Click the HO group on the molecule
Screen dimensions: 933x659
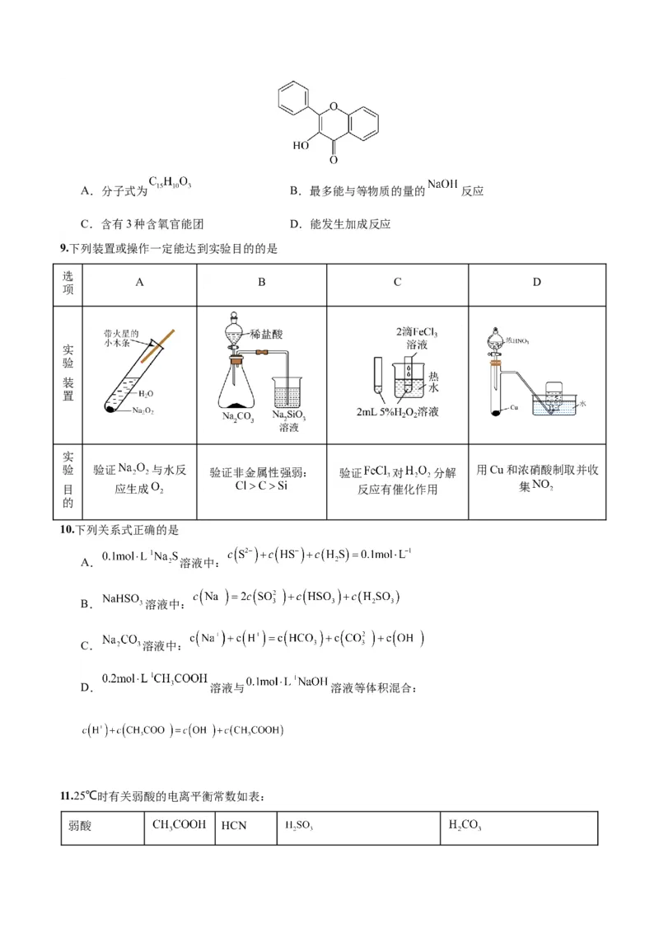coord(301,146)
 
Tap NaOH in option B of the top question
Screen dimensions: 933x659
coord(442,185)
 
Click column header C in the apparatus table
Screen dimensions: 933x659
coord(397,282)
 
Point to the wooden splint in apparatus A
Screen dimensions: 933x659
coord(158,346)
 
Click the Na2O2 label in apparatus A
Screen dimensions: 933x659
coord(141,410)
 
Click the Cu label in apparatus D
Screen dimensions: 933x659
coord(513,407)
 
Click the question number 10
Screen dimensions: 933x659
coord(66,529)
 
